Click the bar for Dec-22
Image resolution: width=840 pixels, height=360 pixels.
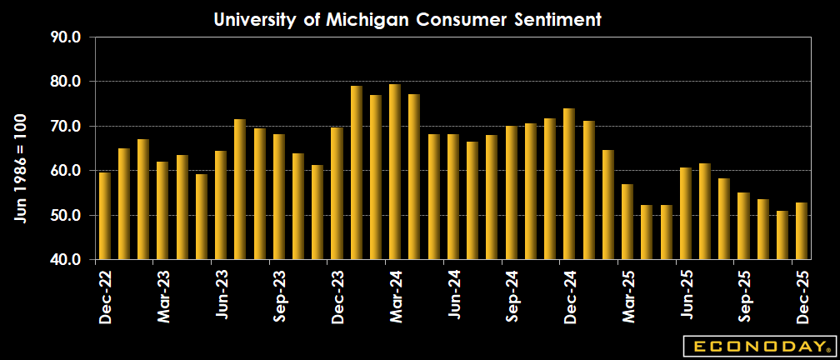105,216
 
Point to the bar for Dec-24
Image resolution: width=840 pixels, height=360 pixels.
569,183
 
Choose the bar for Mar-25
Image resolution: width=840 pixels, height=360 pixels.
627,222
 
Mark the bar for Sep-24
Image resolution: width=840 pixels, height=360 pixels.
511,192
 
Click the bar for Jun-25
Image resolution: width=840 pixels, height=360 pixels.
686,213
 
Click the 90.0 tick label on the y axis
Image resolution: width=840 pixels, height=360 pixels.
65,37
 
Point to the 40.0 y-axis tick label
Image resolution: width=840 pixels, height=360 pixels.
65,260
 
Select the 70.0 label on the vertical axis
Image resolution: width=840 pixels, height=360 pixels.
65,127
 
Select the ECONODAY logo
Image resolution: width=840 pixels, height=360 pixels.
758,345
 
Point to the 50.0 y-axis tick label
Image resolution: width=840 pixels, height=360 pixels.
65,216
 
